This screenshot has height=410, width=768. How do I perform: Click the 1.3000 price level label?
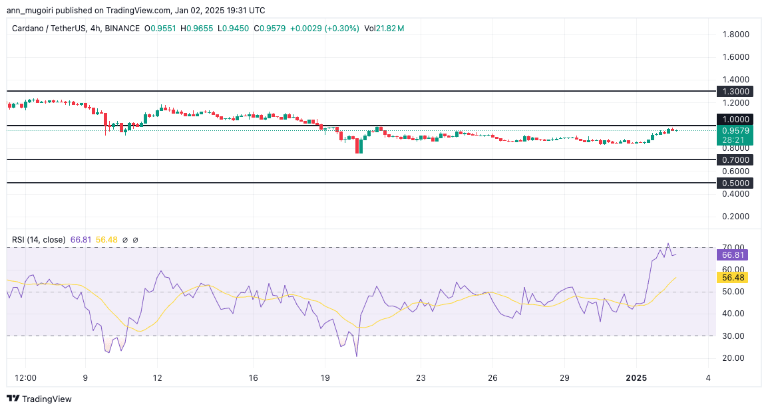point(735,91)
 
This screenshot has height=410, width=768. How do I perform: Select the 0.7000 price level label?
point(735,160)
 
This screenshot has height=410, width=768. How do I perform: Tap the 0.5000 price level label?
point(735,183)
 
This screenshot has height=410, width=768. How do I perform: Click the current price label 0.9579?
point(735,131)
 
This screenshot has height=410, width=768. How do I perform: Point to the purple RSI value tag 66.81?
point(732,255)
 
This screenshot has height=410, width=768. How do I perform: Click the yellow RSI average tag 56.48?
point(732,277)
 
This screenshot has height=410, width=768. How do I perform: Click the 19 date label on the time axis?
point(325,377)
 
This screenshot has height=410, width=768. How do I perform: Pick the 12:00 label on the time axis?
point(25,377)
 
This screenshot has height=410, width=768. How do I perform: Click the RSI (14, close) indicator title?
point(39,240)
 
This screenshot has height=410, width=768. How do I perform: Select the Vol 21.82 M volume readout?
point(384,29)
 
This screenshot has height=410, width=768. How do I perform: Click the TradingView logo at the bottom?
point(39,399)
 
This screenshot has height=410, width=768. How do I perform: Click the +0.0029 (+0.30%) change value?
point(326,29)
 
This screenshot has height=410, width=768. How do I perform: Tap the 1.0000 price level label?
point(735,119)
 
